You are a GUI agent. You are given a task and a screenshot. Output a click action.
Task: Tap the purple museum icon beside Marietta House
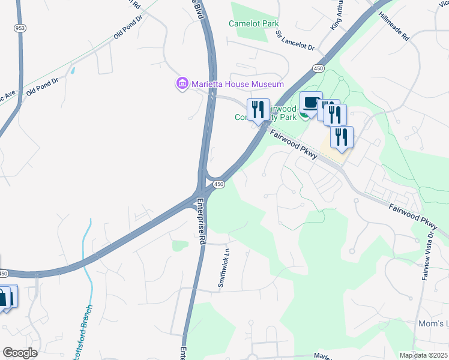point(182,83)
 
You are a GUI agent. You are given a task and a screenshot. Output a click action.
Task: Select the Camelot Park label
point(254,24)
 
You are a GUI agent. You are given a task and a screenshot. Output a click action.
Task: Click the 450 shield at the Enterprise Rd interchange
point(220,184)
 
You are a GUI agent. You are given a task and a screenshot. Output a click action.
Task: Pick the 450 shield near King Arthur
point(318,70)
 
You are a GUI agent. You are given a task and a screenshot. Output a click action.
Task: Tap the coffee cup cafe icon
point(311,103)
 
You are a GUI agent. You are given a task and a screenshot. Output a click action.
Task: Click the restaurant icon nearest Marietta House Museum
point(258,110)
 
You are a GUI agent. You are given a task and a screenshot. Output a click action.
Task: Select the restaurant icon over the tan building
point(342,137)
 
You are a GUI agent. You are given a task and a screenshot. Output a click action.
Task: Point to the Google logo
point(20,353)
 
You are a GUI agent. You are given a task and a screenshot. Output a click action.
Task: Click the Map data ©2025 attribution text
point(423,355)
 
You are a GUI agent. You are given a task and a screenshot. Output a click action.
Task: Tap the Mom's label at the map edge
point(433,324)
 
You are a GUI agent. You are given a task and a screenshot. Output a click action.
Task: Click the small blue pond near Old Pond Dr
point(73,70)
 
